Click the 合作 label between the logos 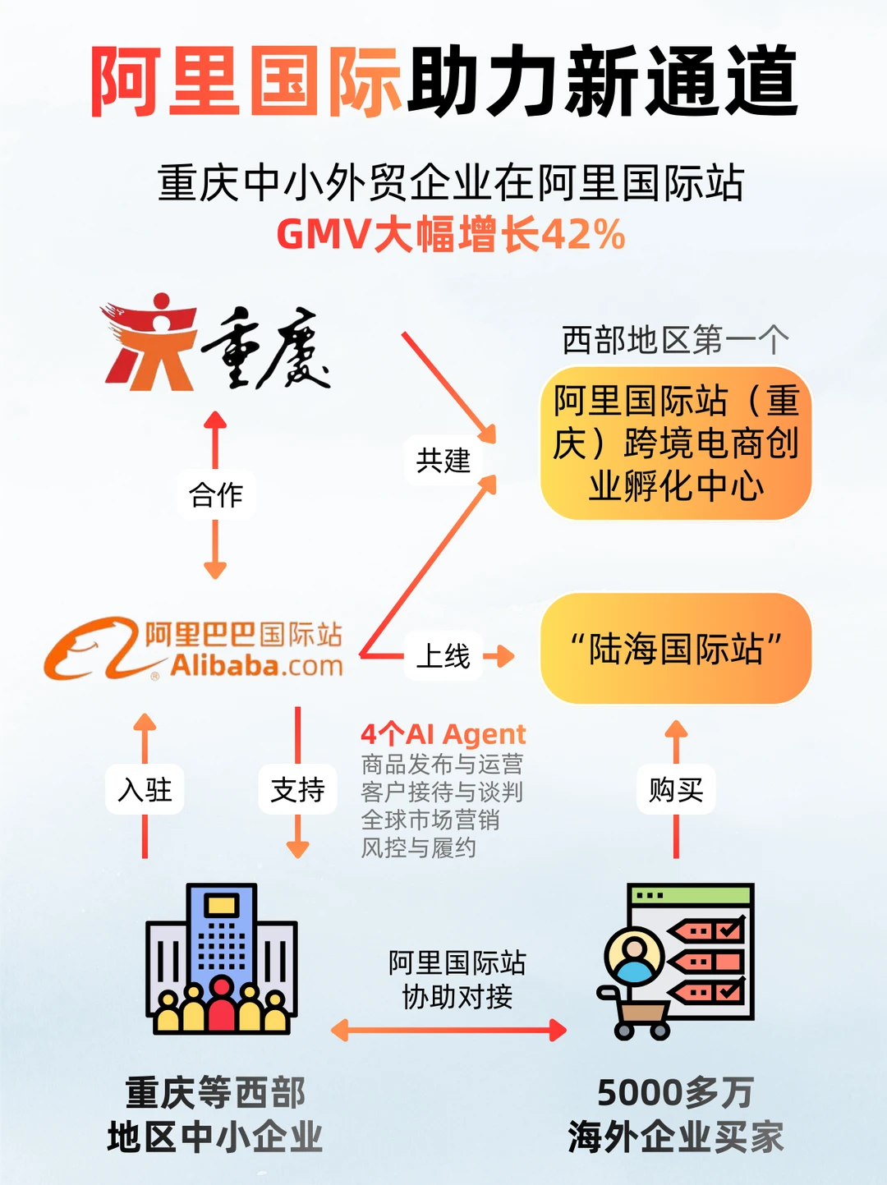[216, 494]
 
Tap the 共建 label [443, 460]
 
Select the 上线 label [443, 656]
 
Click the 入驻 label [145, 790]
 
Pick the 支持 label [297, 790]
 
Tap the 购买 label [676, 790]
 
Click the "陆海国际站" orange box [675, 649]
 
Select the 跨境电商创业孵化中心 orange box [675, 443]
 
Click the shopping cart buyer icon [675, 961]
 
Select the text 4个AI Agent [443, 733]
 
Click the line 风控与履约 [419, 847]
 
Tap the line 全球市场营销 [430, 820]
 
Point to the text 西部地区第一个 [675, 340]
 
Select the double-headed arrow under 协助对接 [448, 1030]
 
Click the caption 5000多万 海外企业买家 [675, 1115]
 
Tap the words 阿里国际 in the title [246, 82]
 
